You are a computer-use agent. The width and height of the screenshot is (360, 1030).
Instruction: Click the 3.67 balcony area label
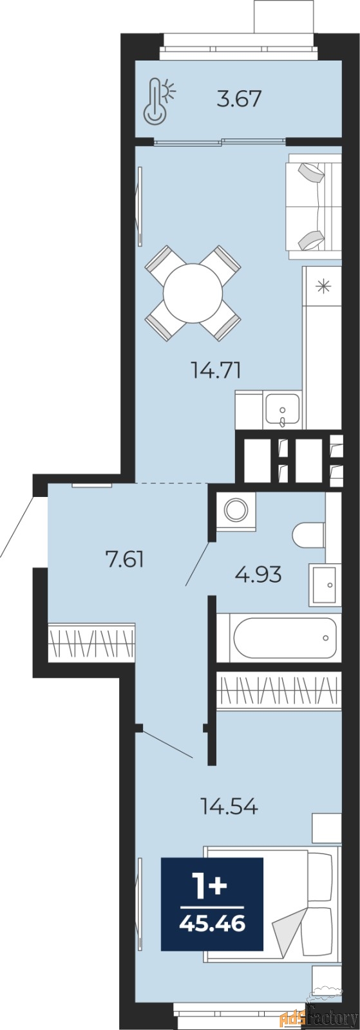point(239,99)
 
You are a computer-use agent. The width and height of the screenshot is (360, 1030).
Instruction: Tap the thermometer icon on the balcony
point(160,100)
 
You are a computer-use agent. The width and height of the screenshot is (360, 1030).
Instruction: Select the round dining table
point(193,293)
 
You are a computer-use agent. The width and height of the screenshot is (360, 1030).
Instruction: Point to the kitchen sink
point(282,411)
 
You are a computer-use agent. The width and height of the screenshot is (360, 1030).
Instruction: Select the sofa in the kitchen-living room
point(313,203)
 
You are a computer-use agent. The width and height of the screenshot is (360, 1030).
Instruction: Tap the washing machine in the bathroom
point(236,510)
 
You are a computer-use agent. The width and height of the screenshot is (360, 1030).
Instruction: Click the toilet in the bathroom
point(309,535)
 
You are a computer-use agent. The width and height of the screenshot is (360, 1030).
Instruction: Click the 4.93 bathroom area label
point(258,574)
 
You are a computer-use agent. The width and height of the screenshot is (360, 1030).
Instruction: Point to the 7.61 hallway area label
point(124,560)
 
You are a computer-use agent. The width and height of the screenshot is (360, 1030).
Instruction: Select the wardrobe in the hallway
point(91,643)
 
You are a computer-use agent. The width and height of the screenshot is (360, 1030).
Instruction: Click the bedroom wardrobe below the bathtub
point(279,691)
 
